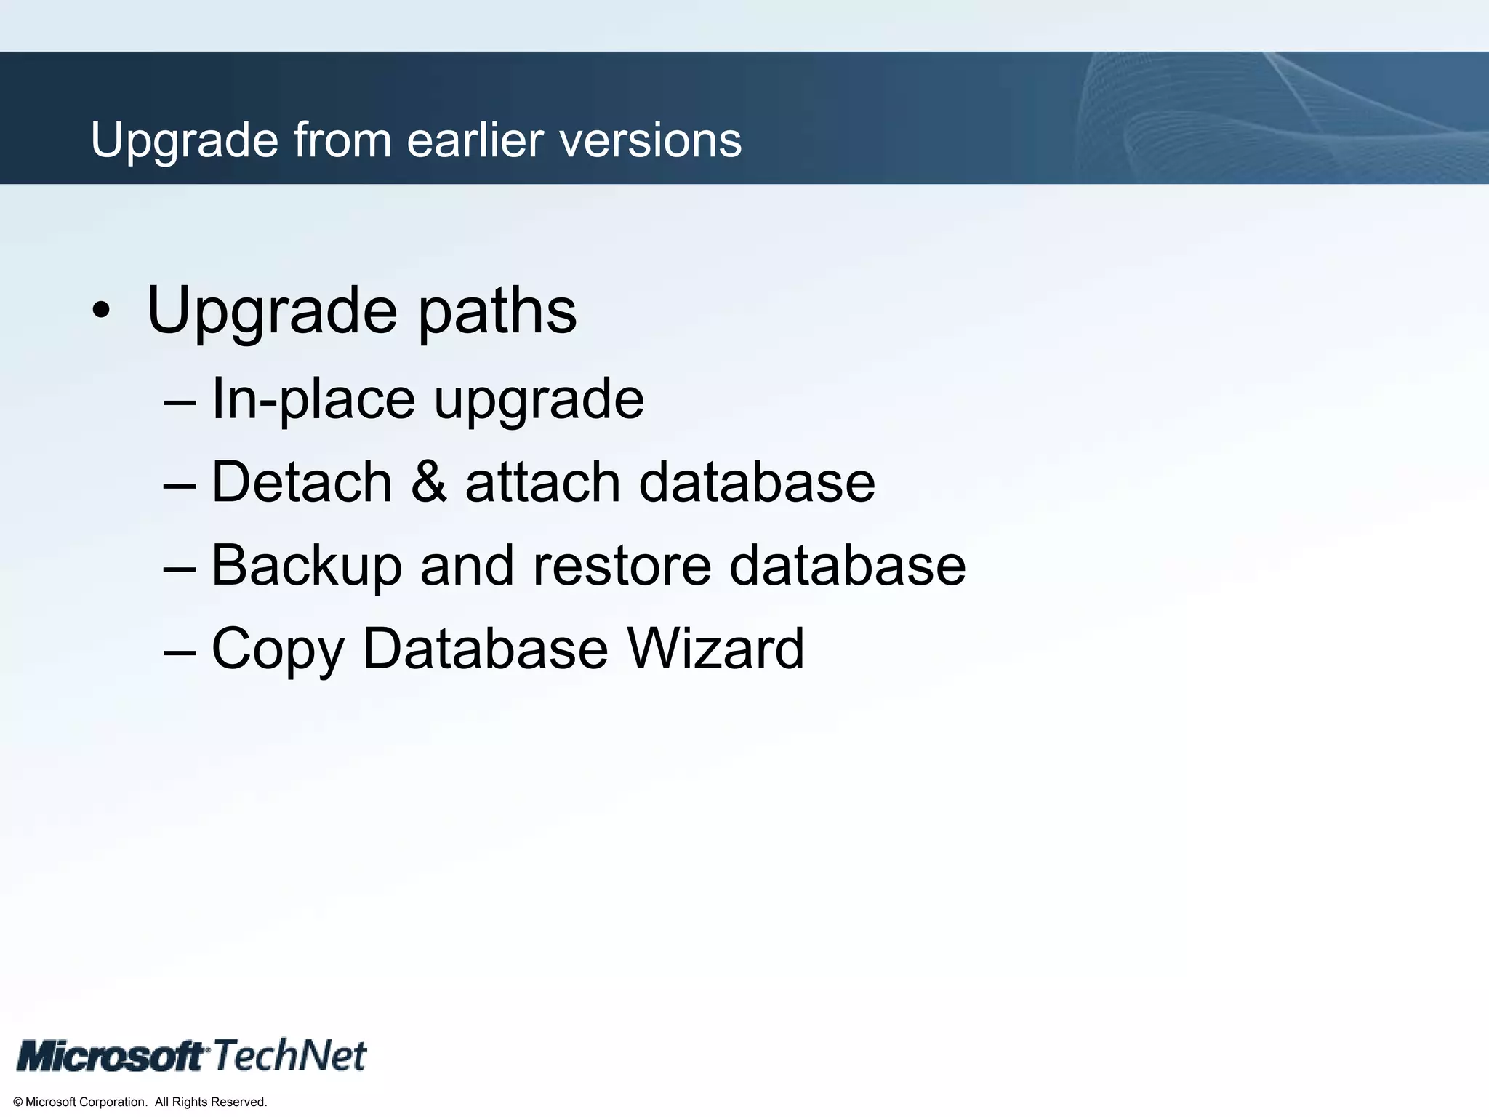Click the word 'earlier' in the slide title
coord(475,140)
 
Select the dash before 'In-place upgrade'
coord(180,401)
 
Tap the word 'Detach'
coord(302,482)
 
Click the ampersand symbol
coord(429,482)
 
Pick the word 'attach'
coord(542,482)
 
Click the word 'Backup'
coord(306,566)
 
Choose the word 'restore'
coord(622,566)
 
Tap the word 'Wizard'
coord(715,649)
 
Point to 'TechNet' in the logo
coord(290,1055)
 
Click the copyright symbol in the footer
coord(18,1102)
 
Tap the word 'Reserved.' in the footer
coord(240,1102)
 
